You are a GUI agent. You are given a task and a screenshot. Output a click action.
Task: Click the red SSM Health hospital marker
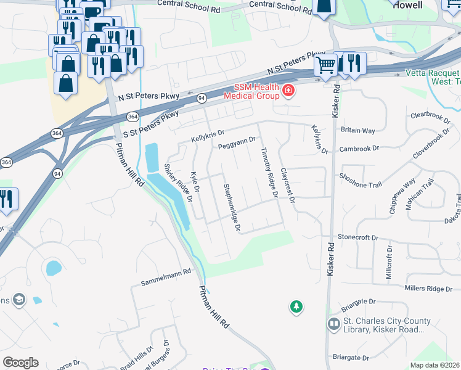287,92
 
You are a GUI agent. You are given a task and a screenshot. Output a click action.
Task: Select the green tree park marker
296,306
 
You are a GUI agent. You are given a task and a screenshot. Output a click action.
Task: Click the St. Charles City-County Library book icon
333,323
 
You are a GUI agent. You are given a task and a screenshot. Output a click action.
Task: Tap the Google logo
20,362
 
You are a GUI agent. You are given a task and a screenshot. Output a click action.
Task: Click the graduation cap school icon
19,300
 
